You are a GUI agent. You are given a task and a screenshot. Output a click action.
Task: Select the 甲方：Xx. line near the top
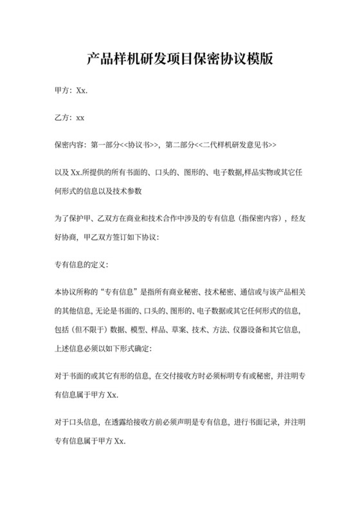(71, 91)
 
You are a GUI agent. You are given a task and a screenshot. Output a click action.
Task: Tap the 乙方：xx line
(70, 118)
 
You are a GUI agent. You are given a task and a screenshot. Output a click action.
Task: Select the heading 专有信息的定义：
(82, 264)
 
